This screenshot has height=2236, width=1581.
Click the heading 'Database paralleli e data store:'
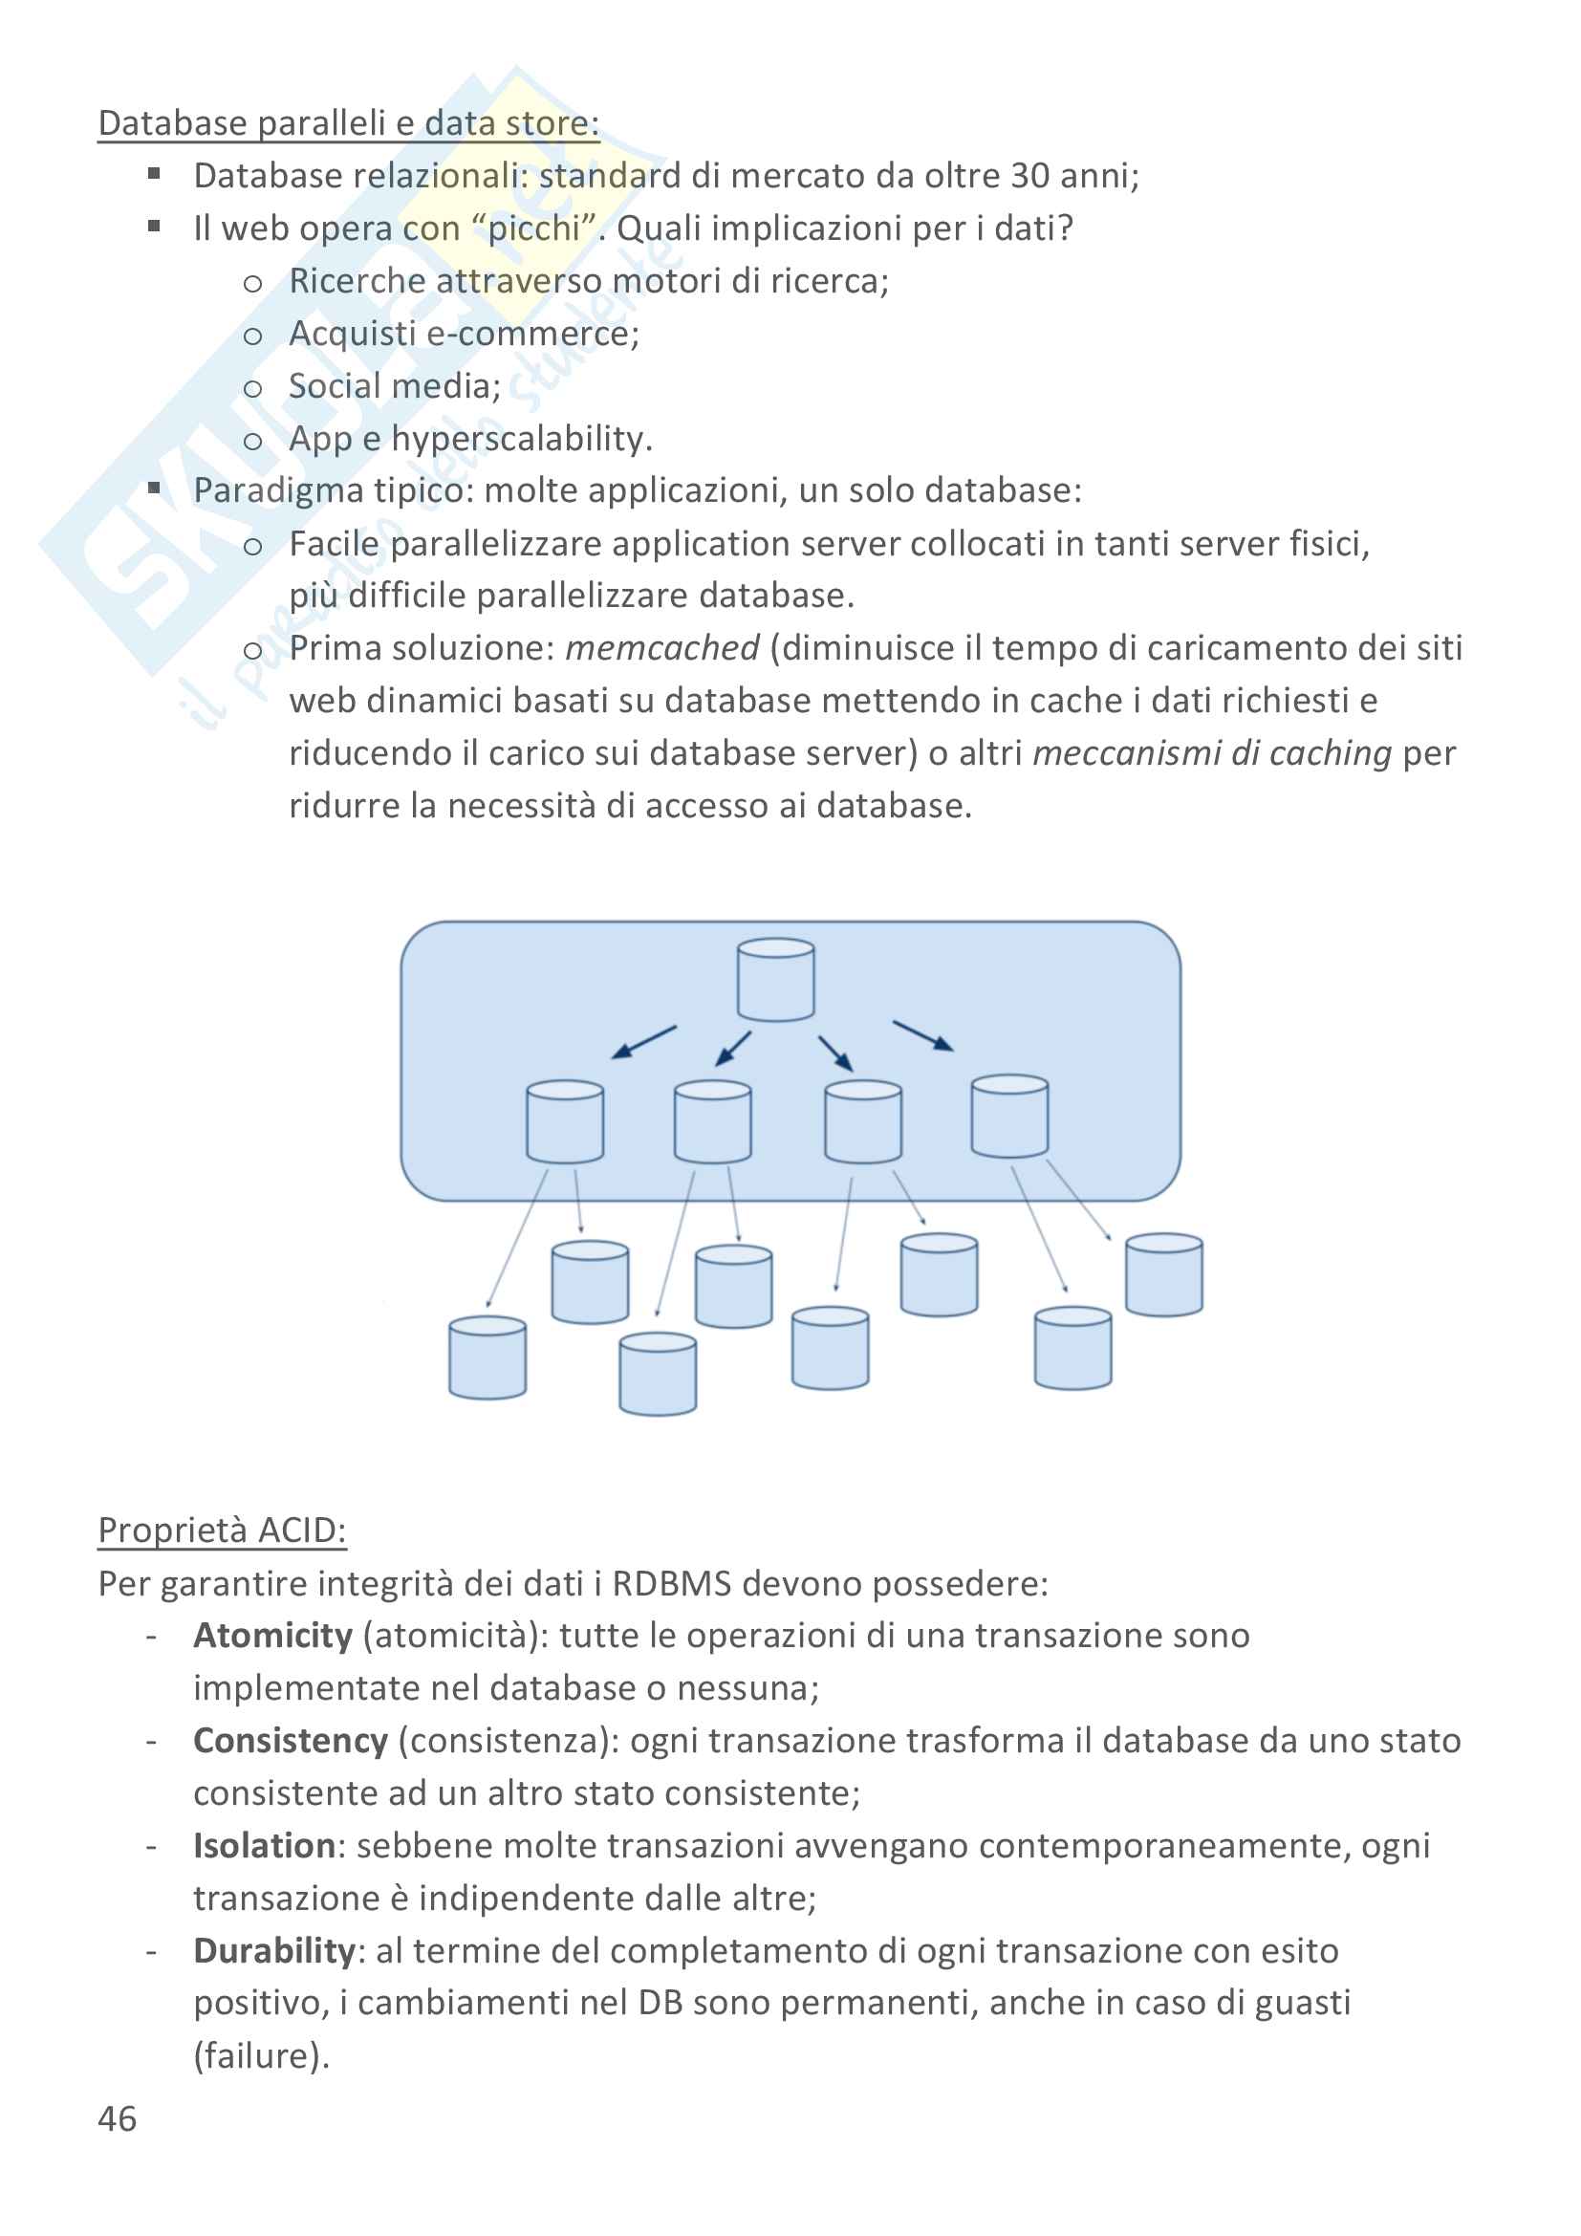[349, 123]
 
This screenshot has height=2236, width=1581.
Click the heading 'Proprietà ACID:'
[222, 1530]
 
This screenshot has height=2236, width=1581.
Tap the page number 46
[117, 2119]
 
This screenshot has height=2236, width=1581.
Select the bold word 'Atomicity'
[272, 1635]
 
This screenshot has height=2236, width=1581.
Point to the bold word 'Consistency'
[291, 1740]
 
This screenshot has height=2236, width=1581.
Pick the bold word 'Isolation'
[264, 1845]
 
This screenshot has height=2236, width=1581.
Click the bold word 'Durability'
[273, 1951]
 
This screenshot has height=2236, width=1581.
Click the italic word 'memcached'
[662, 648]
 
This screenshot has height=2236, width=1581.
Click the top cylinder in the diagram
[776, 980]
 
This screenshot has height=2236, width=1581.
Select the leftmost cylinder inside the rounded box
[565, 1122]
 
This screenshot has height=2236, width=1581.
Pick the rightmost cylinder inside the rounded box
[1009, 1116]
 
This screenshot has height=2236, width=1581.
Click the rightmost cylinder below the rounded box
[1163, 1275]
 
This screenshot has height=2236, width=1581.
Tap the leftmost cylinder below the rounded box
[487, 1357]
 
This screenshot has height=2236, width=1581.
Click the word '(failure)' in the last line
[261, 2056]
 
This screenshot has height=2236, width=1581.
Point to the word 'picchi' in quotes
[533, 228]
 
